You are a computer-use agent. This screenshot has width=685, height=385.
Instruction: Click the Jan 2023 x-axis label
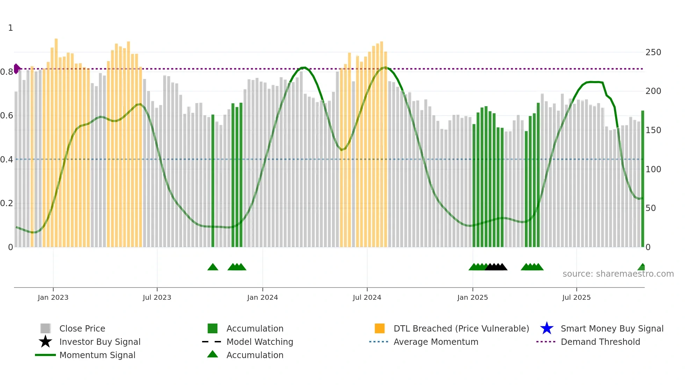53,297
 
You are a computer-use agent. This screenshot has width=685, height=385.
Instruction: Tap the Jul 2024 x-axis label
367,297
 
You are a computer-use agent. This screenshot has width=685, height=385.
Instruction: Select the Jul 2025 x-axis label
576,297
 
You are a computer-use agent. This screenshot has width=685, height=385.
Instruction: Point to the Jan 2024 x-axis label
262,297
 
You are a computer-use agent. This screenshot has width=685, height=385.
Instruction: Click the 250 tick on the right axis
653,52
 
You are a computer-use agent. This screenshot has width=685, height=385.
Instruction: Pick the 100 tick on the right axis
653,169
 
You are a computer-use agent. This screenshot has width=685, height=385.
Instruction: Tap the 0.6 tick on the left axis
7,116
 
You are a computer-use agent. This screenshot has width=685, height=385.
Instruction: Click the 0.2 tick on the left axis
7,203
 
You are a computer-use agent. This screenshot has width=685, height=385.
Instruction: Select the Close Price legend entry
82,328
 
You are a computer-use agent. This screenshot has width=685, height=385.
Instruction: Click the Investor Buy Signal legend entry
100,342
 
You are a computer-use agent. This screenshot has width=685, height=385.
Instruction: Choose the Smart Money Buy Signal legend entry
612,328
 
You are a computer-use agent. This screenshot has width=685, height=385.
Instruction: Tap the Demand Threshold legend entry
600,342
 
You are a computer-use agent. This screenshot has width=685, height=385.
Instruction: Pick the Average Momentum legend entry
436,342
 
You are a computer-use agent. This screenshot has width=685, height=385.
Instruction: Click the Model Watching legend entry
260,342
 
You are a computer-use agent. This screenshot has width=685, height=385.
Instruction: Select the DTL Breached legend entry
461,328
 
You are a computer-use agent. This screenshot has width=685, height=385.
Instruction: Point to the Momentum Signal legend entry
97,355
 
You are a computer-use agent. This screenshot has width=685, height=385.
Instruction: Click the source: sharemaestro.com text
618,274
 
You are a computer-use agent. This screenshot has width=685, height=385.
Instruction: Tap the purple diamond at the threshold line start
16,69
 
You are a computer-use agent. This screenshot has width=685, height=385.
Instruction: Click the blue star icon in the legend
547,328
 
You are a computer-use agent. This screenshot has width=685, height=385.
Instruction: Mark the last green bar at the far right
642,178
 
